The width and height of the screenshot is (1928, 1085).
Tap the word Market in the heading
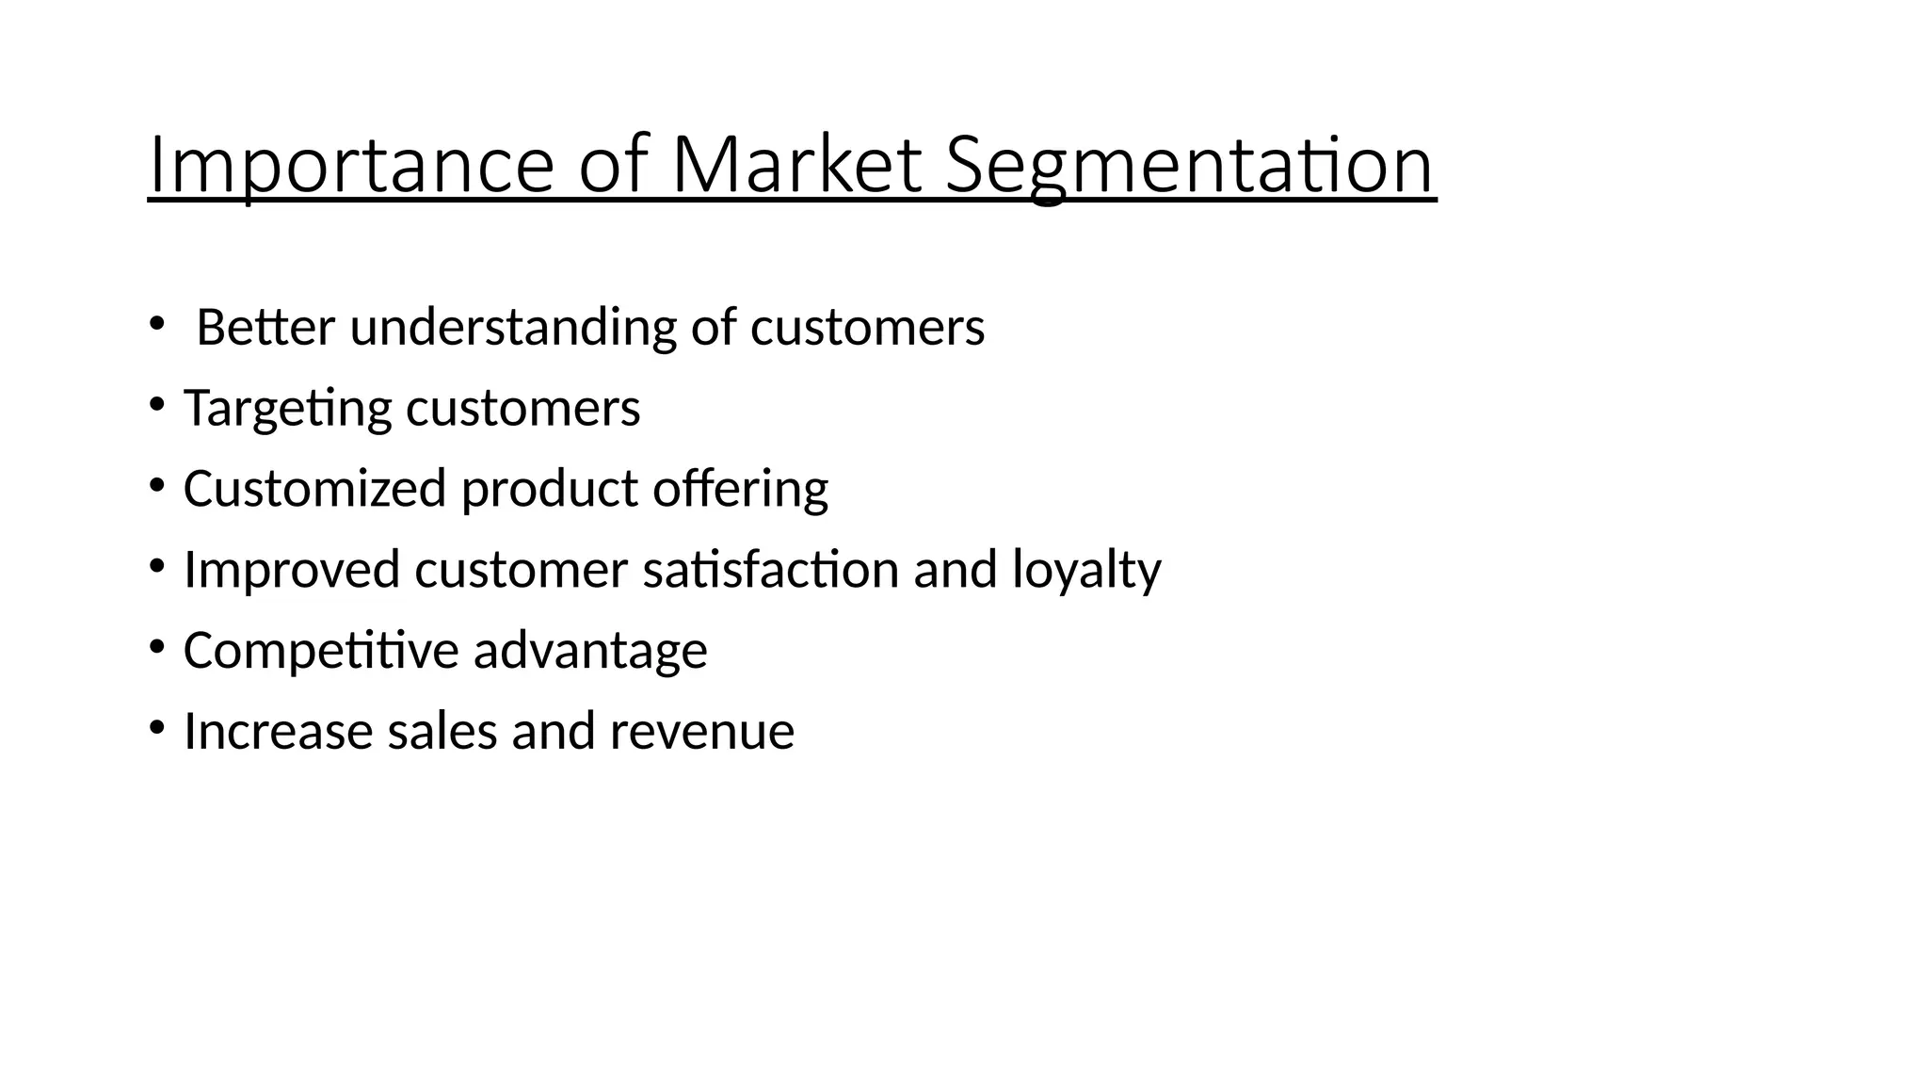coord(796,165)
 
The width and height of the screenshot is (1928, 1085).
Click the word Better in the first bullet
coord(265,327)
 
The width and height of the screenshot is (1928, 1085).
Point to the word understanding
coord(513,327)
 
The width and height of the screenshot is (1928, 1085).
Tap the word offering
coord(740,489)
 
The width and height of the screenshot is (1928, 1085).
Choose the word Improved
coord(292,570)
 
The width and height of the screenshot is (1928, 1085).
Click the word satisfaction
coord(771,570)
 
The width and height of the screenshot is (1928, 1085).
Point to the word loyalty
coord(1086,570)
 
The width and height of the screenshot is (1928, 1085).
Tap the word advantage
coord(590,650)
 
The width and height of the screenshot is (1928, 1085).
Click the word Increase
coord(278,731)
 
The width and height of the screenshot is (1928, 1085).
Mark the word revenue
coord(702,731)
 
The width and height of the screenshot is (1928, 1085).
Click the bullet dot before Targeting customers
coord(156,406)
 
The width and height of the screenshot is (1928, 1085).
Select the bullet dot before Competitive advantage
coord(156,648)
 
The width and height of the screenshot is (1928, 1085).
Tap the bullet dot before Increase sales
coord(156,728)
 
